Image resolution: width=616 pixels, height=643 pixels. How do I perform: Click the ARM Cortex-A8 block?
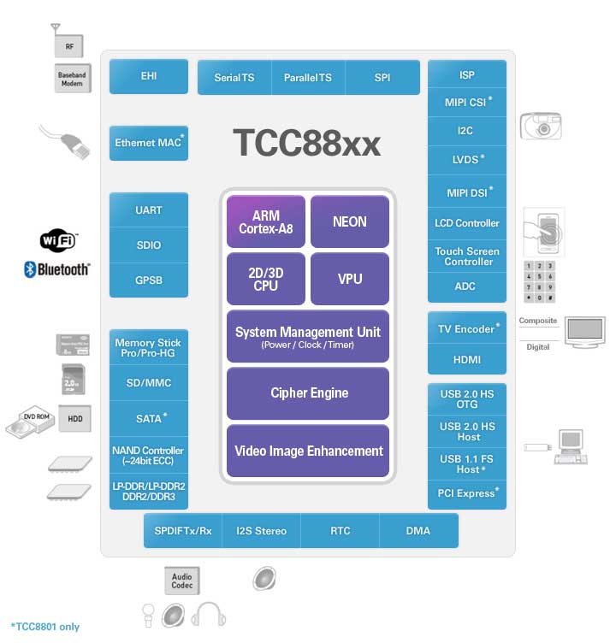pyautogui.click(x=265, y=221)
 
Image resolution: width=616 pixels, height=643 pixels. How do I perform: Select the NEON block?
pyautogui.click(x=349, y=221)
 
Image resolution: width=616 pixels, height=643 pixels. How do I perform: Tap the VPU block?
pyautogui.click(x=349, y=279)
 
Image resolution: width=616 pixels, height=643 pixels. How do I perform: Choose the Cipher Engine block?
pyautogui.click(x=308, y=393)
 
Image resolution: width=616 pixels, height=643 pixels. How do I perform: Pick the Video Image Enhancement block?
pyautogui.click(x=308, y=451)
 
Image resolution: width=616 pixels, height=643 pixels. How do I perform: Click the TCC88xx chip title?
pyautogui.click(x=306, y=144)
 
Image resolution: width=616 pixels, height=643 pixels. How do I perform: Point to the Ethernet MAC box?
pyautogui.click(x=149, y=143)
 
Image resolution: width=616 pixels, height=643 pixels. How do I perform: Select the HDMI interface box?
pyautogui.click(x=466, y=360)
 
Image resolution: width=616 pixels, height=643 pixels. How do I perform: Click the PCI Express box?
pyautogui.click(x=467, y=493)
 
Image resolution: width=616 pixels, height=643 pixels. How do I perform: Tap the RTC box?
pyautogui.click(x=340, y=531)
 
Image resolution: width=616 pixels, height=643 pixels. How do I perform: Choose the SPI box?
pyautogui.click(x=382, y=78)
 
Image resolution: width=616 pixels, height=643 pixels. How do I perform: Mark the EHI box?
pyautogui.click(x=149, y=76)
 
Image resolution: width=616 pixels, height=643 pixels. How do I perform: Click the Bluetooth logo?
pyautogui.click(x=57, y=269)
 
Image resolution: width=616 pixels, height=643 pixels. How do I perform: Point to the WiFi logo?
pyautogui.click(x=58, y=241)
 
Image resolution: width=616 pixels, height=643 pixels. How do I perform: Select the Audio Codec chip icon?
pyautogui.click(x=181, y=581)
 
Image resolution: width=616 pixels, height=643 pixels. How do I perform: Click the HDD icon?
pyautogui.click(x=74, y=418)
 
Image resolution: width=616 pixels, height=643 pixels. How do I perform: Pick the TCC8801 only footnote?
pyautogui.click(x=44, y=627)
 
